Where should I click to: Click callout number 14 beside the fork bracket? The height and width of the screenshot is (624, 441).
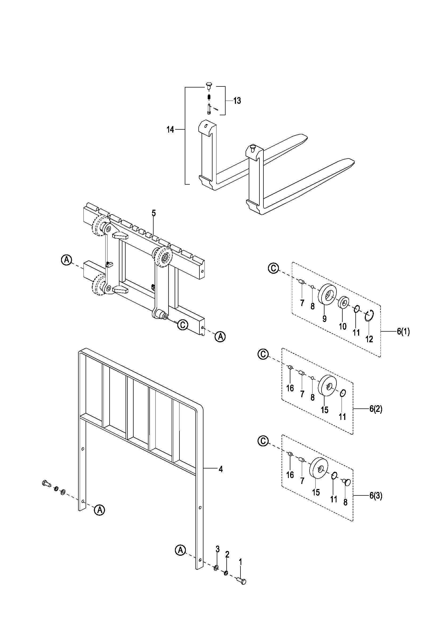click(x=170, y=130)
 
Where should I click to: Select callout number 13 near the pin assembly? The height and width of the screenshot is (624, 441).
click(x=237, y=101)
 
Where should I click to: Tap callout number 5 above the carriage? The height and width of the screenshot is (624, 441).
click(x=154, y=213)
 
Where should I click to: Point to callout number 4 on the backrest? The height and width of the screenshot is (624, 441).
click(x=221, y=469)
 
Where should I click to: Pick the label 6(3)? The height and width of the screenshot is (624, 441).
click(x=376, y=496)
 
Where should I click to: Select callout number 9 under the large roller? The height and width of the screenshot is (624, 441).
click(x=324, y=319)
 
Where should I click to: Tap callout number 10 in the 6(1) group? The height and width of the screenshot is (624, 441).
click(x=343, y=326)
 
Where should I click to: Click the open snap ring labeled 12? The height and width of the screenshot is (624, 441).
click(x=370, y=316)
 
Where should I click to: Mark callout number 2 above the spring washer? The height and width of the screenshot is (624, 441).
click(x=227, y=554)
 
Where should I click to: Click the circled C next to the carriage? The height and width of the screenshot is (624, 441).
click(x=183, y=325)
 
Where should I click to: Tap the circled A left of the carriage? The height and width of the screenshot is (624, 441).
click(x=66, y=260)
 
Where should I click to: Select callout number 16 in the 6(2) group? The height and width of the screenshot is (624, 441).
click(x=290, y=388)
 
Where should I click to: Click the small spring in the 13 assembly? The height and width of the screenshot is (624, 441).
click(x=209, y=97)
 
